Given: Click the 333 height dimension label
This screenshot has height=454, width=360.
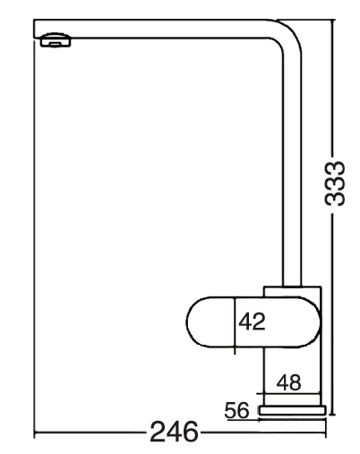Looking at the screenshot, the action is coord(335,184).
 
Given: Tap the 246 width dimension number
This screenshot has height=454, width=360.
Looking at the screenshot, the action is coord(174,432).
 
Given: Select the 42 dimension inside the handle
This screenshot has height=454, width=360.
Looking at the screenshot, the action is coord(252,321).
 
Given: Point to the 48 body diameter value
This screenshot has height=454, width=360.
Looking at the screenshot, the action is coord(288,382).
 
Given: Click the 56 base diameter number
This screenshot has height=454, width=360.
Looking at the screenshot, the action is coord(236,410).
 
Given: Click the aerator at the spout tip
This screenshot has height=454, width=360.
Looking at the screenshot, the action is coord(56,39).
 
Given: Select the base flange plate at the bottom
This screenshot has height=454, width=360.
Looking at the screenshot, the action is coord(293,410).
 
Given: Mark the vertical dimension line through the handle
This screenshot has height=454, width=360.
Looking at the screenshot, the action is coord(235,326).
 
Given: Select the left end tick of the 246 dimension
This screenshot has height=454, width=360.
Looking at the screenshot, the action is coord(35,432).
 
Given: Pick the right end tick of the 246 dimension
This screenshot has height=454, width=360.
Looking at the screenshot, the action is coord(326,432).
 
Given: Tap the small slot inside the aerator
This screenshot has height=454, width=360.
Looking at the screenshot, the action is coord(56,44).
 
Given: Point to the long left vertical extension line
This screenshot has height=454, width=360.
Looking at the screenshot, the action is coord(34,236).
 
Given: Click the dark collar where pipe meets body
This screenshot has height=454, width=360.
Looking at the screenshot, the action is coord(292,287).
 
